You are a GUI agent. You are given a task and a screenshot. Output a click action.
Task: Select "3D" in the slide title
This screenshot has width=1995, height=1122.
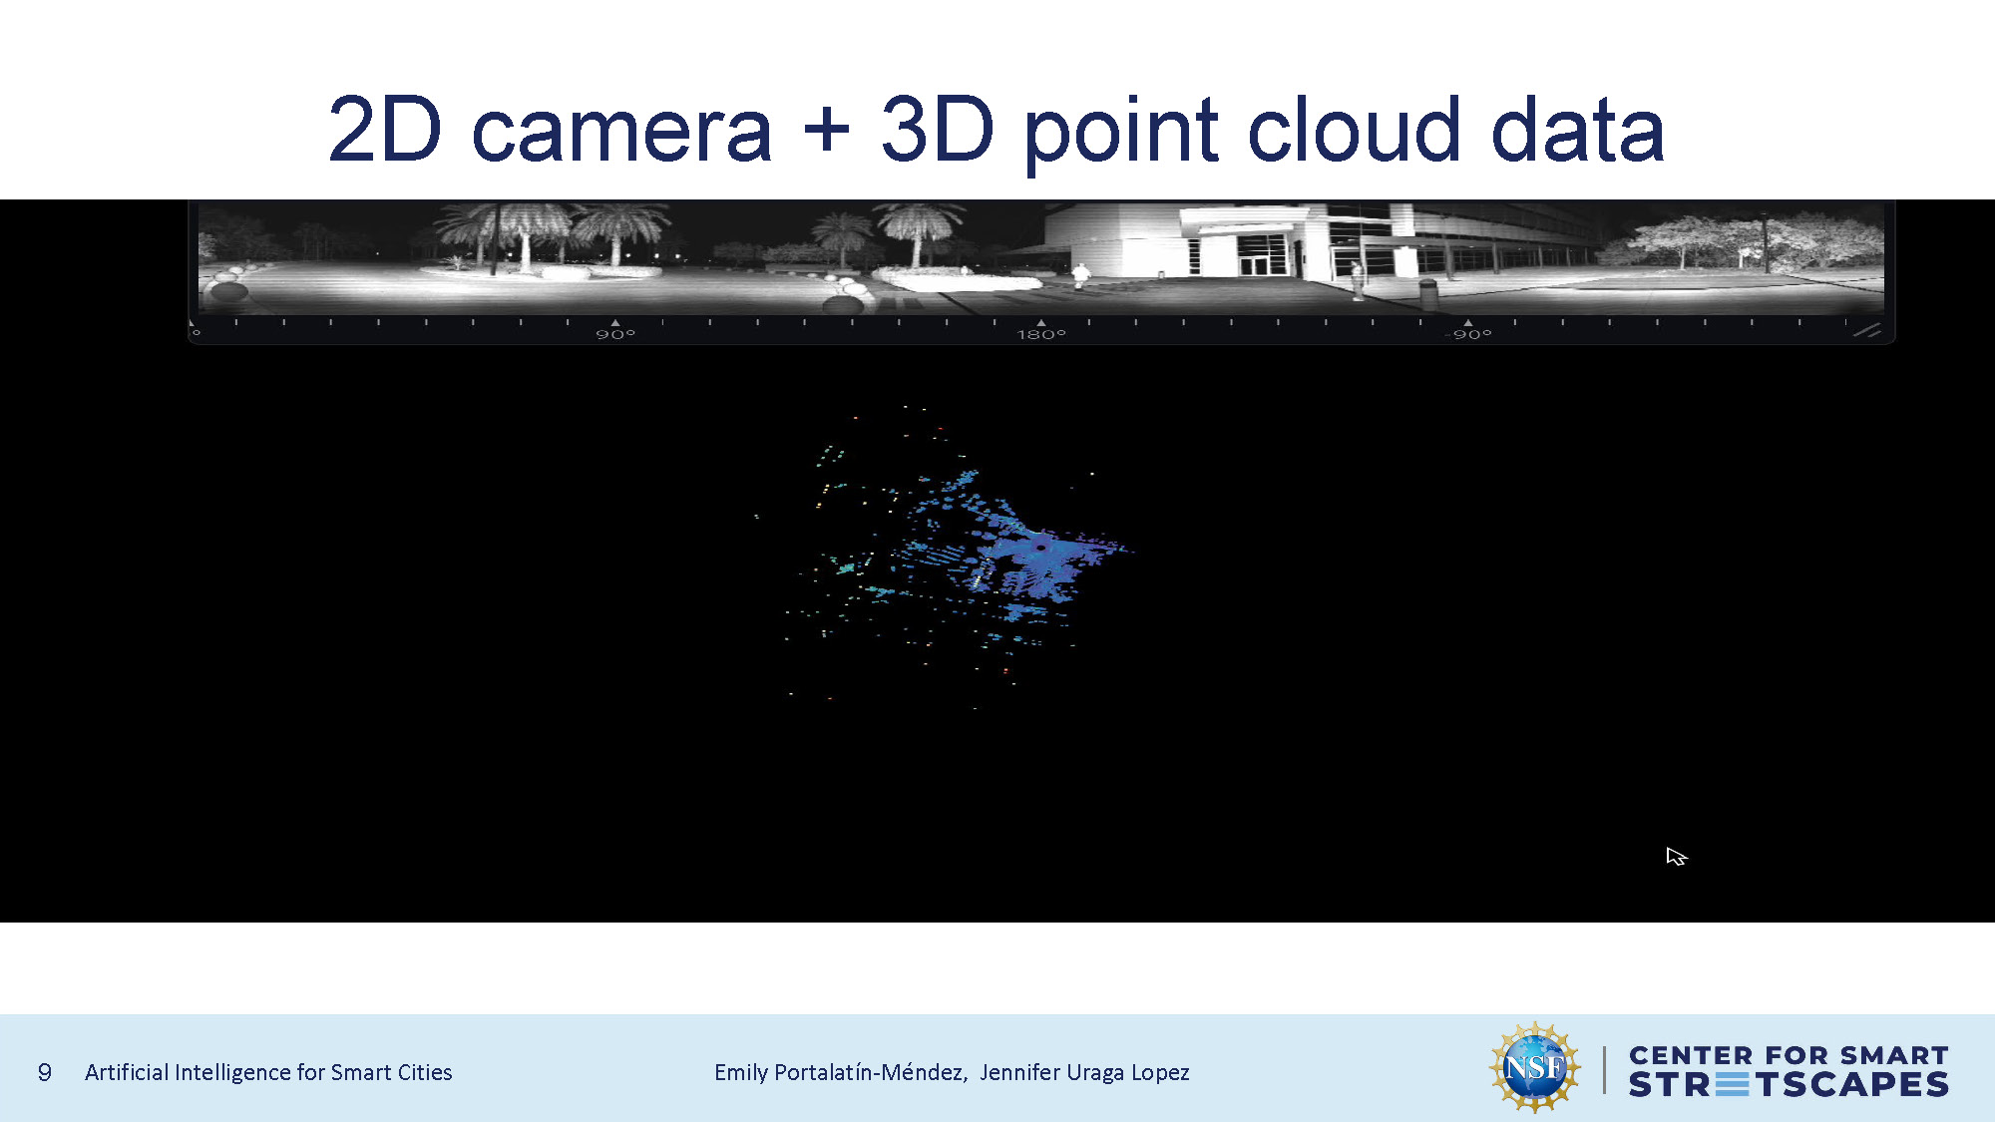(x=938, y=129)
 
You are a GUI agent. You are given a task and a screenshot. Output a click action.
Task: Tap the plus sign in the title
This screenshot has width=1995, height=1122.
(x=827, y=130)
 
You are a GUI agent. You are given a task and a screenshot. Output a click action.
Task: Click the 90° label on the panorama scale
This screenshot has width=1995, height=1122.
(x=615, y=334)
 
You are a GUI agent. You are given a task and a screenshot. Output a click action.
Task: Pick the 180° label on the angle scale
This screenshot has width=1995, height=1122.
(x=1041, y=334)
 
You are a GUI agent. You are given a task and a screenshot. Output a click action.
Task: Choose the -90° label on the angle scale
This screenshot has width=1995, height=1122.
(x=1467, y=334)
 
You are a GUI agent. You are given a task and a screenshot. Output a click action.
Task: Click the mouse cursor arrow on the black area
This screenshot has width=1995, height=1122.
(x=1675, y=856)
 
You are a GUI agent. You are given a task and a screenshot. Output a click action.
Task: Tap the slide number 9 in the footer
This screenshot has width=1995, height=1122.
(x=45, y=1072)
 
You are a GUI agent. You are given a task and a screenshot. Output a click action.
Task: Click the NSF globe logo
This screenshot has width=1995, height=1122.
(x=1535, y=1067)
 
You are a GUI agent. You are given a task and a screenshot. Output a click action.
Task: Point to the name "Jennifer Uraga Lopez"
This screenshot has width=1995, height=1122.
(x=1084, y=1072)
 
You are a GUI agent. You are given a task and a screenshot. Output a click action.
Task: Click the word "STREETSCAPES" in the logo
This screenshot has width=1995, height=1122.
(x=1789, y=1084)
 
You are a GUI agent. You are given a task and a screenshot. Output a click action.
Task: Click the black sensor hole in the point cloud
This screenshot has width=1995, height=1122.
(x=1040, y=547)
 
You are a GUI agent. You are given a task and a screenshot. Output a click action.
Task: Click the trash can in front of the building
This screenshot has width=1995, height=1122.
(x=1428, y=293)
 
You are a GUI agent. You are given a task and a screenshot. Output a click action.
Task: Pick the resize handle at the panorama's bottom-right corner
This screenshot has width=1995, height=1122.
(x=1867, y=330)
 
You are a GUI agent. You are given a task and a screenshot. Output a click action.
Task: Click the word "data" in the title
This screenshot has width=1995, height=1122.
(x=1577, y=129)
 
